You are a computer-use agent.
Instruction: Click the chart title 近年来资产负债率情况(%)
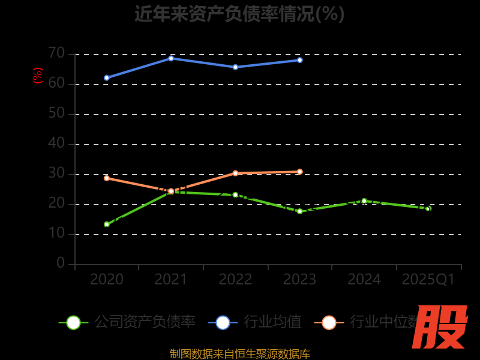point(239,14)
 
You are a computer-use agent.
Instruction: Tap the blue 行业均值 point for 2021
point(171,58)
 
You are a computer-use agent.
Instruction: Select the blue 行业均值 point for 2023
point(299,60)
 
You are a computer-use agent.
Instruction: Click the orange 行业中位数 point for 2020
point(107,178)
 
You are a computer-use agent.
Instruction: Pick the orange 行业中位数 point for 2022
point(235,173)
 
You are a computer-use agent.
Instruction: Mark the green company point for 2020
point(107,224)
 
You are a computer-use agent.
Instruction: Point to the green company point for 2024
point(364,201)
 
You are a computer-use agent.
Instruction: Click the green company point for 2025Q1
point(428,209)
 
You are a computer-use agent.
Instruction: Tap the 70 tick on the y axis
point(56,53)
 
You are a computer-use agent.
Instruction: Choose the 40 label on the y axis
point(56,143)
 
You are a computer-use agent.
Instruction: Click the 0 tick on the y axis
point(61,263)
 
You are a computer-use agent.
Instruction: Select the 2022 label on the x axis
point(235,280)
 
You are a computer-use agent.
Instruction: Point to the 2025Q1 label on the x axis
point(428,280)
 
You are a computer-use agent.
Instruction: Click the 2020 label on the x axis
point(107,280)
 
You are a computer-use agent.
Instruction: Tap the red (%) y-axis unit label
point(38,76)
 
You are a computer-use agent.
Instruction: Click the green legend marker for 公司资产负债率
point(73,322)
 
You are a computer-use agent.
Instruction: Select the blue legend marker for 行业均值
point(223,322)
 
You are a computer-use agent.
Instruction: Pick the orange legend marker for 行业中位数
point(329,322)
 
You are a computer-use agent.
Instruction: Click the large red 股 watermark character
point(440,327)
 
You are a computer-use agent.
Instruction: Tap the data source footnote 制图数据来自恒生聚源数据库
point(239,354)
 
